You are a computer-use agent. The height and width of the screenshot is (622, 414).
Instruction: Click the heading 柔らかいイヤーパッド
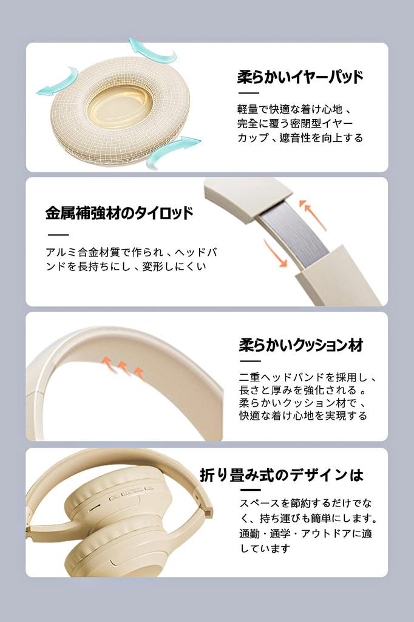(300, 77)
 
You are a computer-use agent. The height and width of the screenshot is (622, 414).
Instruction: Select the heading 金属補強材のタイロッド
(119, 213)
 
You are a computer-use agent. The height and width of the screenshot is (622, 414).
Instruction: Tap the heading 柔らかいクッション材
(301, 345)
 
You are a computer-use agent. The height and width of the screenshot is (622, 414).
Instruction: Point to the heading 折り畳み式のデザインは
(282, 475)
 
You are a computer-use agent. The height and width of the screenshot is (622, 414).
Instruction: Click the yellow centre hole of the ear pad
(120, 108)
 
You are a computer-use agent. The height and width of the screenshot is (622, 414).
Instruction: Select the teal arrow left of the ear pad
(58, 82)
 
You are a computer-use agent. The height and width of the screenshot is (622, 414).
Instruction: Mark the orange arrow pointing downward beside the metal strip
(276, 253)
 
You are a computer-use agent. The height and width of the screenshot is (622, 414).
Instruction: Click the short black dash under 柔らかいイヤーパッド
(248, 93)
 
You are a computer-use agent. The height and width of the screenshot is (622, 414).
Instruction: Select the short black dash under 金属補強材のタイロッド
(58, 235)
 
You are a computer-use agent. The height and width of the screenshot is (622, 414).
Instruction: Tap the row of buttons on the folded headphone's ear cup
(132, 493)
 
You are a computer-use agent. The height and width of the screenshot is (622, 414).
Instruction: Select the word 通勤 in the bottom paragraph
(249, 533)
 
